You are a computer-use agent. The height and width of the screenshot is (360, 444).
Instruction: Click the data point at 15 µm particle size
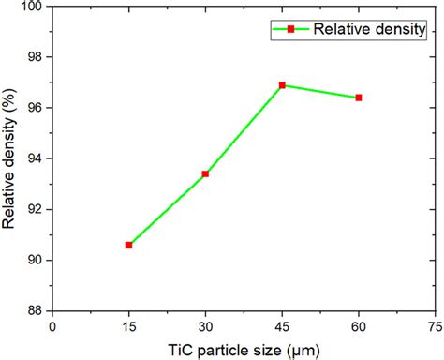click(128, 245)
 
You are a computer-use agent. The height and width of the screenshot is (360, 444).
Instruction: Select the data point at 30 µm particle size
click(205, 173)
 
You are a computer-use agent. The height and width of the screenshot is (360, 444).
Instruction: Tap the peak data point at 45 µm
click(282, 85)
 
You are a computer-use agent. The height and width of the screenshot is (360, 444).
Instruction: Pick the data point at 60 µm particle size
click(359, 97)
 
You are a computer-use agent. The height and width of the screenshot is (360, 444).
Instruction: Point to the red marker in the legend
click(290, 29)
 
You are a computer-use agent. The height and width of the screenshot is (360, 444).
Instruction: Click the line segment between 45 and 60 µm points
click(320, 92)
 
